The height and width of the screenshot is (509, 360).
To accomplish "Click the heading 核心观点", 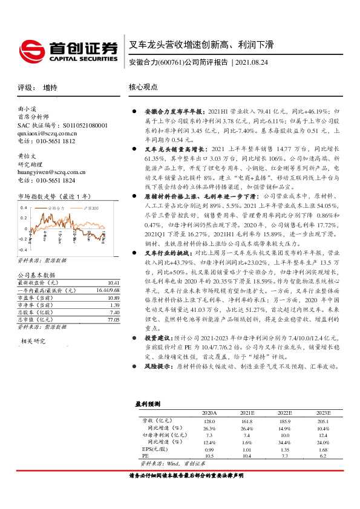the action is point(143,88).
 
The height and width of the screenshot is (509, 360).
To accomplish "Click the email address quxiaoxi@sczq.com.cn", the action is point(47,133).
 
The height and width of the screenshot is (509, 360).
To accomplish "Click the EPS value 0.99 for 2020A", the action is point(209,466).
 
